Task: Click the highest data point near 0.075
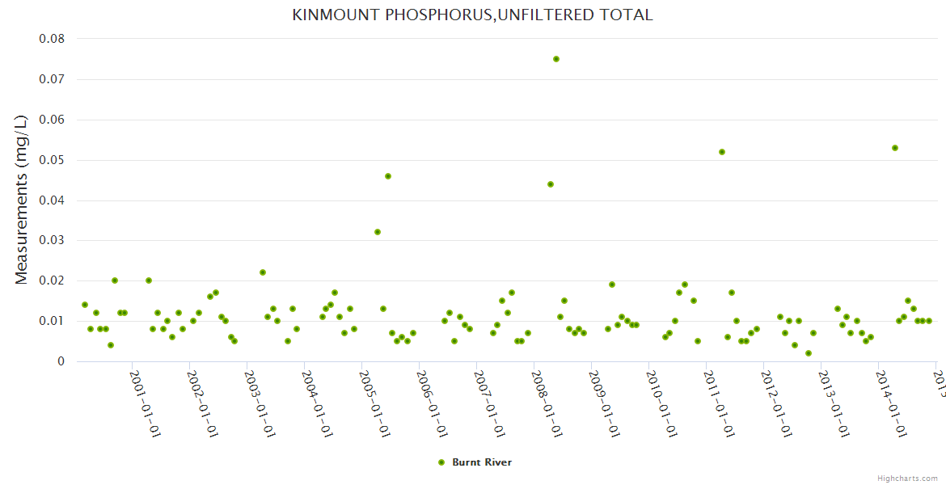(556, 59)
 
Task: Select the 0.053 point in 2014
(895, 148)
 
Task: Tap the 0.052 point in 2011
(722, 152)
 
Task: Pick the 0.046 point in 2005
(388, 176)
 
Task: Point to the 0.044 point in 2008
(551, 184)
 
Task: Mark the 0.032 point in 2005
(378, 232)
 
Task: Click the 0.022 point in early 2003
(263, 272)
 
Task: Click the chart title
(472, 15)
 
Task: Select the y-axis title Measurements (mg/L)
(22, 199)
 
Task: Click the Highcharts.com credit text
(907, 478)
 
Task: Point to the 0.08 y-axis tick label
(52, 39)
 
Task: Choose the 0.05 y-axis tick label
(52, 160)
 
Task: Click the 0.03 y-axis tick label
(52, 241)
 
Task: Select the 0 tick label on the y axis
(61, 362)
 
